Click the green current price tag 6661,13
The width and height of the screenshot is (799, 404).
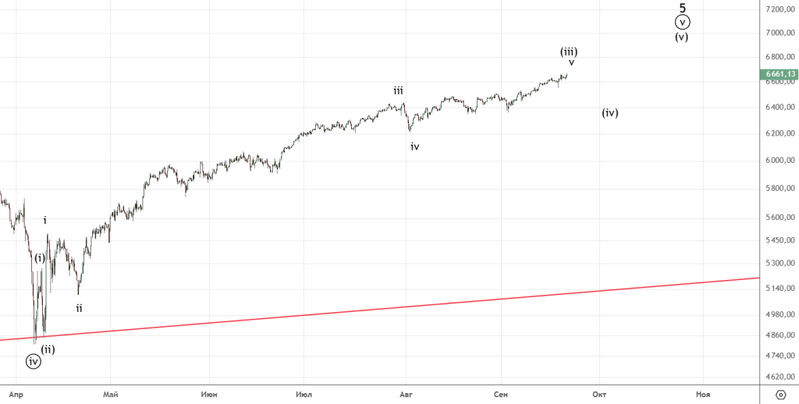click(x=777, y=75)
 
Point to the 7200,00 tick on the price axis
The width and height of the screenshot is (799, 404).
click(x=779, y=9)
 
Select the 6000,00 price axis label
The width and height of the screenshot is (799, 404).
click(x=779, y=161)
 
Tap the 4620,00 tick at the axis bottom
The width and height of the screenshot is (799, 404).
click(x=779, y=377)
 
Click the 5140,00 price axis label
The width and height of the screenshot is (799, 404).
click(x=779, y=289)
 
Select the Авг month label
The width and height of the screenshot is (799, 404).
click(x=406, y=395)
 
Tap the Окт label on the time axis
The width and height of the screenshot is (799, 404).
click(x=599, y=395)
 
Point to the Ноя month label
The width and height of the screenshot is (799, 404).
click(x=704, y=395)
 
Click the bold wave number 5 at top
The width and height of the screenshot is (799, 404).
click(x=683, y=8)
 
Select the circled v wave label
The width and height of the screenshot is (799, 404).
click(x=683, y=23)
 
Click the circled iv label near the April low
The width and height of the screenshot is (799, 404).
click(x=33, y=361)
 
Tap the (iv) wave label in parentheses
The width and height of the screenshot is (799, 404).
click(x=610, y=113)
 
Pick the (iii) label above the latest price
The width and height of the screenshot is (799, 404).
click(x=569, y=51)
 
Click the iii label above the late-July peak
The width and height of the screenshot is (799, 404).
click(x=398, y=90)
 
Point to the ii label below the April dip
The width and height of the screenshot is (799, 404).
click(x=79, y=308)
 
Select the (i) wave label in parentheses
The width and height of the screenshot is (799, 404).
click(x=40, y=258)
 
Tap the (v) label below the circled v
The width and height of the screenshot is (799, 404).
click(x=682, y=37)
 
